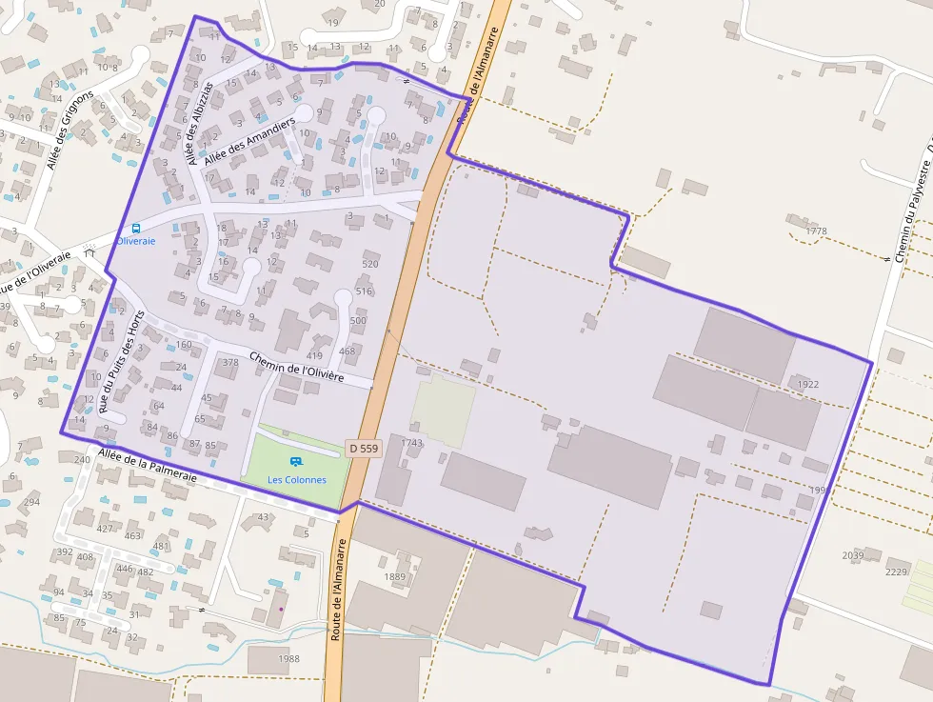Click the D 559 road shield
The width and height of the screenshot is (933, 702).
tap(364, 448)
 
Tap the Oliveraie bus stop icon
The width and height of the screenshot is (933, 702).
tap(135, 229)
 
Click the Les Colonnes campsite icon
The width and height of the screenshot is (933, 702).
tap(295, 463)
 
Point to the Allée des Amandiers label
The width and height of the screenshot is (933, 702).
tap(250, 144)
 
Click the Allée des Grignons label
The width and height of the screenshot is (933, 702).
tap(69, 130)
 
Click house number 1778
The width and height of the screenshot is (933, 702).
tap(816, 231)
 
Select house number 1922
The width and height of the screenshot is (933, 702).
tap(807, 385)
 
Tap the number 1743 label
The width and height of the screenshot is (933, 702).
tap(411, 443)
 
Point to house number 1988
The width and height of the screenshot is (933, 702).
tap(289, 659)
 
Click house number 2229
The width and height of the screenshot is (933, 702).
tap(896, 572)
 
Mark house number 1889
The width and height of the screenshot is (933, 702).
tap(394, 577)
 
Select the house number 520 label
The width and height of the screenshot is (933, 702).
tap(370, 264)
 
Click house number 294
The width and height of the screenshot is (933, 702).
tap(31, 502)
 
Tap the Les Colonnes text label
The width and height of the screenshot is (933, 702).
tap(297, 480)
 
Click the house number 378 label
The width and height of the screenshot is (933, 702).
tap(229, 362)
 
